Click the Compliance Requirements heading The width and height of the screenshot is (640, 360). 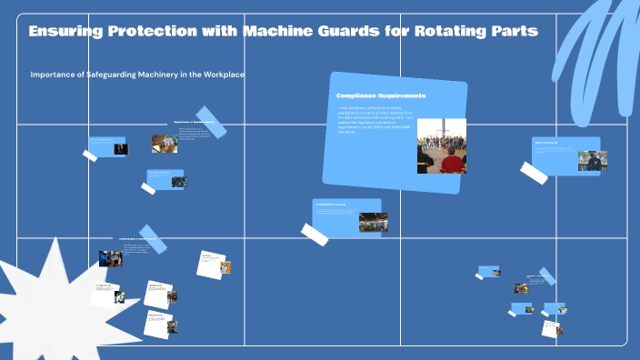point(381,95)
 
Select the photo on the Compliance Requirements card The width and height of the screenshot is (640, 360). point(441,145)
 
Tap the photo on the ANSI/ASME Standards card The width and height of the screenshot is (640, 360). point(373,222)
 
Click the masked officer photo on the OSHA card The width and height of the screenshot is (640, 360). point(592,161)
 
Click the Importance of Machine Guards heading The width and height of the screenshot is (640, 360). point(194,121)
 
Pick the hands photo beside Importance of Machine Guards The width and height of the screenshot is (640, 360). point(165,143)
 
